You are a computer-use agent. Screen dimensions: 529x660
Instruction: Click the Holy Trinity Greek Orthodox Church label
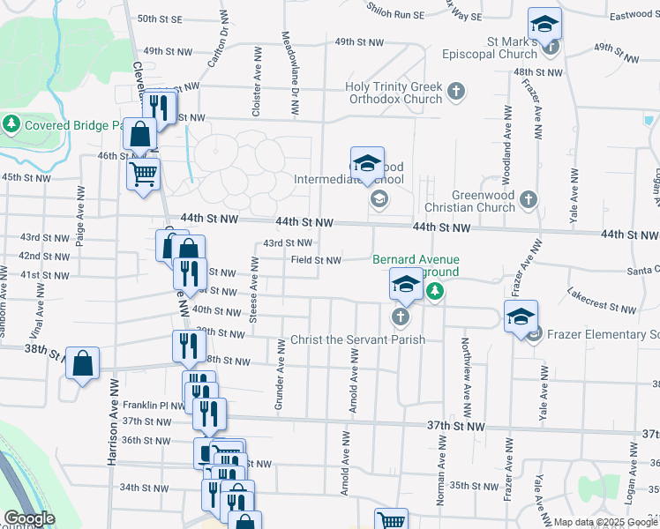tap(394, 93)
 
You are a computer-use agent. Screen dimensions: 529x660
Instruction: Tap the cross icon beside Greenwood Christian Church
tap(528, 199)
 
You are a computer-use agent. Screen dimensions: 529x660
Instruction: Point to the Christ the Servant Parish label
tap(357, 340)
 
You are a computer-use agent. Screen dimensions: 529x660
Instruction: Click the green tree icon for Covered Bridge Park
tap(12, 124)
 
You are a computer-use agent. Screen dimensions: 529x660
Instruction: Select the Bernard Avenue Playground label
tap(416, 265)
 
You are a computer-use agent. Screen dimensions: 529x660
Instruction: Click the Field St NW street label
tap(316, 260)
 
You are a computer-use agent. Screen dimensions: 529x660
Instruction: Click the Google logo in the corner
tap(29, 518)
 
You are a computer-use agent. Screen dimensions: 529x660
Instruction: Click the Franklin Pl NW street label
tap(154, 406)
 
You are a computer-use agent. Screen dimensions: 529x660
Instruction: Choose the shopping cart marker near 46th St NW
tap(143, 173)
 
